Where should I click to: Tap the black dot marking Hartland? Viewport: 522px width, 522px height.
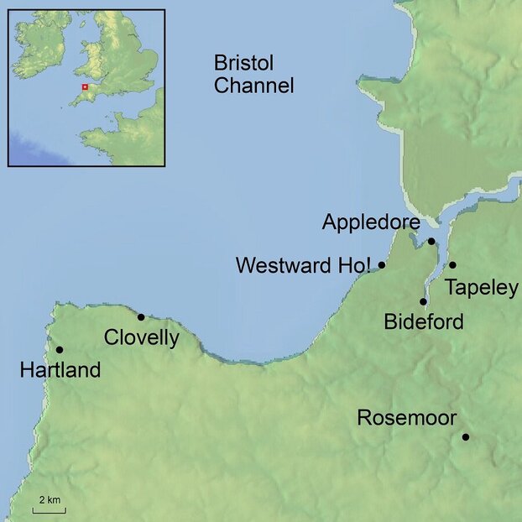tap(59, 349)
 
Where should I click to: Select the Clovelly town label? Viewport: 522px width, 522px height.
tap(142, 338)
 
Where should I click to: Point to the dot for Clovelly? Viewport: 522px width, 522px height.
tap(141, 316)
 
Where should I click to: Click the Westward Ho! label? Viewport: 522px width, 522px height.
tap(303, 266)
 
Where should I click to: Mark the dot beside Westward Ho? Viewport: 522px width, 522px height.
tap(382, 265)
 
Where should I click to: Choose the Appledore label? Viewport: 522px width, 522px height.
tap(369, 223)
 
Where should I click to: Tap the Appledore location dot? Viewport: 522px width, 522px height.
tap(431, 242)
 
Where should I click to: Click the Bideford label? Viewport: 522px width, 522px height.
tap(423, 321)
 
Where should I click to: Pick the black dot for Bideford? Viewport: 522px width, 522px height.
tap(424, 301)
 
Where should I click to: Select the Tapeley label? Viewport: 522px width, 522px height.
tap(482, 288)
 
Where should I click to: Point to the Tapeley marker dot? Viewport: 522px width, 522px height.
tap(452, 265)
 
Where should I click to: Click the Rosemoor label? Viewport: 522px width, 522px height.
tap(406, 417)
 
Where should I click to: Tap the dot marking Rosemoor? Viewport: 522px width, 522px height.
tap(465, 436)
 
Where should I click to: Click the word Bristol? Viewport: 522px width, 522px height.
tap(244, 64)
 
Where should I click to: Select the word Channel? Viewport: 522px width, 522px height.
tap(253, 85)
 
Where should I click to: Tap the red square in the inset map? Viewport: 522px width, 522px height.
tap(84, 86)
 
